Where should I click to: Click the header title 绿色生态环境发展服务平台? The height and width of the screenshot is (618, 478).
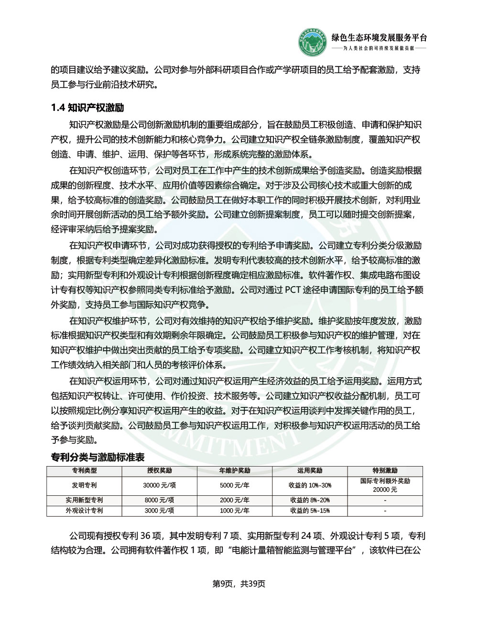click(379, 38)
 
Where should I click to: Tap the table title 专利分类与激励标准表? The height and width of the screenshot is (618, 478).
click(98, 457)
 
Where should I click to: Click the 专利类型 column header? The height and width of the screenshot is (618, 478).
click(84, 470)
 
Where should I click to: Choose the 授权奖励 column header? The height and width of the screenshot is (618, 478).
click(159, 470)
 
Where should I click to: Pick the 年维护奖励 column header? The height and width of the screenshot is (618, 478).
click(234, 470)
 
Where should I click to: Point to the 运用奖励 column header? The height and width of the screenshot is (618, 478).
click(310, 470)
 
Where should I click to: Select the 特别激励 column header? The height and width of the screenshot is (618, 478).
click(385, 470)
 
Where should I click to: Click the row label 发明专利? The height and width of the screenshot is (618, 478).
click(84, 485)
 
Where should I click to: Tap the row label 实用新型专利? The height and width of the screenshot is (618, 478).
click(84, 500)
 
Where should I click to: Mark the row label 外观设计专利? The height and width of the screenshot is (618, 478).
click(84, 511)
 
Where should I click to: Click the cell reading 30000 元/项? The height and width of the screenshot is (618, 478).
click(159, 485)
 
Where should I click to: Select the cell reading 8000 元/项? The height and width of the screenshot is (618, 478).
click(159, 500)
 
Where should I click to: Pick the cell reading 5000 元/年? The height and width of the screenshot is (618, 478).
click(234, 485)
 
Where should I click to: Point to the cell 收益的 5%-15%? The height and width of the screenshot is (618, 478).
click(310, 511)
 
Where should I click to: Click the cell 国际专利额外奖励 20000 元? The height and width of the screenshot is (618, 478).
click(385, 485)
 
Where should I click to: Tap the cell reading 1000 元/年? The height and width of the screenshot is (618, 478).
click(234, 511)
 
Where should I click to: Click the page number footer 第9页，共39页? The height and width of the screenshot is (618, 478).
click(239, 584)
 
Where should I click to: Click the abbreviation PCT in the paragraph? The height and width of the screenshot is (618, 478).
click(294, 290)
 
